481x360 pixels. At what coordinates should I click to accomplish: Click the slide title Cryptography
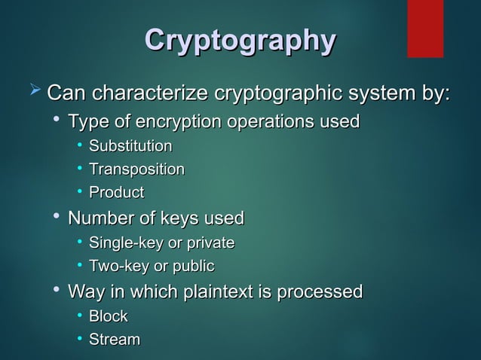point(240,41)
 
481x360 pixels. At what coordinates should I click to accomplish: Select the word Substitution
point(130,146)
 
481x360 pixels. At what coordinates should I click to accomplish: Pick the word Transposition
point(136,169)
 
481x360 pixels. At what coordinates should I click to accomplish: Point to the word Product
point(117,193)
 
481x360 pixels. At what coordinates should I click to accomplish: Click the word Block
point(109,316)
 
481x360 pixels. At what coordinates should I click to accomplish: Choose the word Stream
point(115,340)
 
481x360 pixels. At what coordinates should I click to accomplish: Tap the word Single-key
point(120,243)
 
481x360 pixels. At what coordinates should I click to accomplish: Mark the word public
point(195,267)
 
